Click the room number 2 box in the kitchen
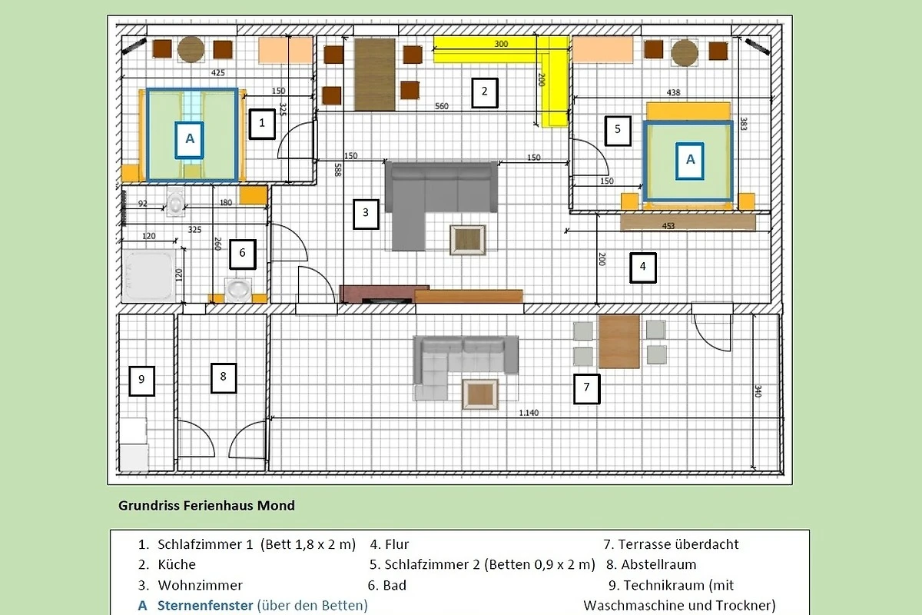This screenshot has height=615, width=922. pyautogui.click(x=485, y=93)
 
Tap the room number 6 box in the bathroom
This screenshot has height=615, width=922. pyautogui.click(x=243, y=254)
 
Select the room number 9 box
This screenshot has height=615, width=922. pyautogui.click(x=141, y=381)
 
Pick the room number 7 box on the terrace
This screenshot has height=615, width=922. pyautogui.click(x=586, y=388)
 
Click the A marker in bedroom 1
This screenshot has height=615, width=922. pyautogui.click(x=189, y=140)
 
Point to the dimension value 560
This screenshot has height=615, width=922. pyautogui.click(x=441, y=106)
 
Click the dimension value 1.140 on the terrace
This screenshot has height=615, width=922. pyautogui.click(x=529, y=412)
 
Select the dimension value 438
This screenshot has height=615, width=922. pyautogui.click(x=673, y=92)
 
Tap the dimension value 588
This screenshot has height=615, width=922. pyautogui.click(x=337, y=170)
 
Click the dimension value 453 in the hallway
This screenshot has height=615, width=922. pyautogui.click(x=668, y=226)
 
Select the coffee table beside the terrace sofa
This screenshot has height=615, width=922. pyautogui.click(x=480, y=394)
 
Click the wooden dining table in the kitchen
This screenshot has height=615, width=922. pyautogui.click(x=375, y=75)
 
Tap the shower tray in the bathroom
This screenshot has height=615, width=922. pyautogui.click(x=148, y=274)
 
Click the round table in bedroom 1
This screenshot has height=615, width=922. pyautogui.click(x=191, y=50)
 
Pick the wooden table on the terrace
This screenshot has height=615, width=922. pyautogui.click(x=619, y=342)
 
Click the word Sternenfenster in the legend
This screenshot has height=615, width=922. pyautogui.click(x=205, y=605)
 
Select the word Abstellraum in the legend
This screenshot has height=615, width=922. pyautogui.click(x=658, y=564)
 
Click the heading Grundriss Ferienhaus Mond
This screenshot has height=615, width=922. pyautogui.click(x=207, y=505)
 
